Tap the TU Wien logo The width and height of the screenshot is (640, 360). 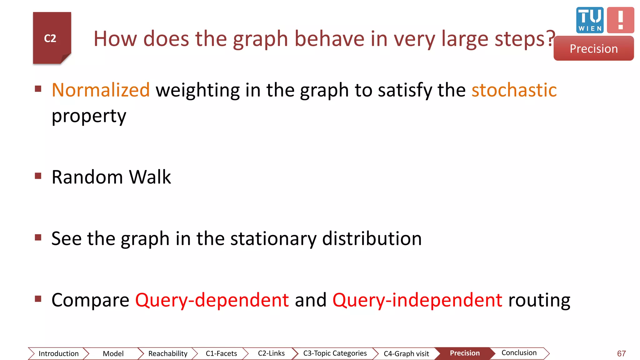coord(590,20)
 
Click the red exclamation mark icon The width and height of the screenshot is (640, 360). coord(620,20)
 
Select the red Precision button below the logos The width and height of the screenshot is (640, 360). coord(593,49)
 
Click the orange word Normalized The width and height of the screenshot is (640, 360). coord(101,90)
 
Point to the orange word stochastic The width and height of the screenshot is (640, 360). coord(514,90)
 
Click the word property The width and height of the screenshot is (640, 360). coord(89,116)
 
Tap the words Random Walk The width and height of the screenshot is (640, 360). coord(111,177)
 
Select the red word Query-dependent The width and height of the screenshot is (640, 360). coord(212,300)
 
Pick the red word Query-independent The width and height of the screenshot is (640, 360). coord(417,300)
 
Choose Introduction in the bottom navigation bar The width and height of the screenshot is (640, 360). coord(58,353)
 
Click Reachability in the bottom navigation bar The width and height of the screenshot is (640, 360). coord(168,353)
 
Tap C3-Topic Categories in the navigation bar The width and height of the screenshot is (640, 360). coord(335,353)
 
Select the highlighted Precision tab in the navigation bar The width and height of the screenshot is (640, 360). coord(465,353)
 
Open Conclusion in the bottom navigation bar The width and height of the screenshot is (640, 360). coord(519,353)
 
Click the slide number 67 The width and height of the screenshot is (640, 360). coord(621,353)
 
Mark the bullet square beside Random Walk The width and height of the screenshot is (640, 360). coord(38,176)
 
